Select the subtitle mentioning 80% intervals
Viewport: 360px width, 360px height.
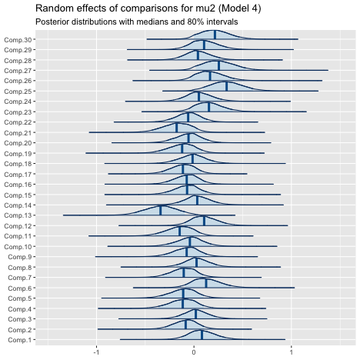pos(136,22)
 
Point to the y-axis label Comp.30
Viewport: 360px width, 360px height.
pos(18,40)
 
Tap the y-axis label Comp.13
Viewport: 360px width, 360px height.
pos(18,215)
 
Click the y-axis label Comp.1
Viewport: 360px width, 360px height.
pos(20,340)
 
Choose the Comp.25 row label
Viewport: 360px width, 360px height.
pos(18,92)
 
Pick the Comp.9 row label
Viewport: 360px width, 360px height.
pos(20,257)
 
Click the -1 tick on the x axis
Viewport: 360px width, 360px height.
pos(96,352)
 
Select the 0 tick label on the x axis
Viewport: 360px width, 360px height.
pos(194,352)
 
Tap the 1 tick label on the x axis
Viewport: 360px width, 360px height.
pos(292,352)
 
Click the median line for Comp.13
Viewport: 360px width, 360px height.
pos(161,210)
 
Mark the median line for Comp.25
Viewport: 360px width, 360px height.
pos(227,86)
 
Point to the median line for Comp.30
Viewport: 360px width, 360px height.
pos(215,35)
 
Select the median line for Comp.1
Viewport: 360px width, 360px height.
pos(202,335)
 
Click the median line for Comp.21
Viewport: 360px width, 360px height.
pos(177,128)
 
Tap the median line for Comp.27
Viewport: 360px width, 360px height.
pos(218,65)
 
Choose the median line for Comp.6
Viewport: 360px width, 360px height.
pos(206,283)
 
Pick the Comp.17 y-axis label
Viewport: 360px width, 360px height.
pos(18,175)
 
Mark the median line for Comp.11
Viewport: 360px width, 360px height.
pos(180,231)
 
